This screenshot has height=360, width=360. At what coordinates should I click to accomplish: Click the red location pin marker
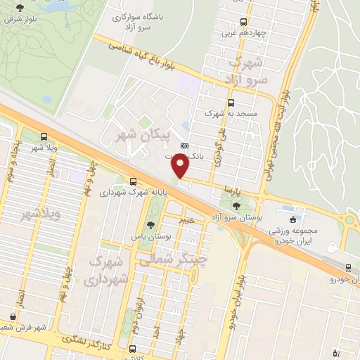click(181, 166)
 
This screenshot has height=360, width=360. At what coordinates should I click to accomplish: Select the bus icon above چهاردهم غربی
click(243, 22)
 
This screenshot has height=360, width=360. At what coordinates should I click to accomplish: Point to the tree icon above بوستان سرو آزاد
click(236, 206)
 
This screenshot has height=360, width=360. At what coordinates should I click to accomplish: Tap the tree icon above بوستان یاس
click(150, 226)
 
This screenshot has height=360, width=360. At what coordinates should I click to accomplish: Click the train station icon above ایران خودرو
click(349, 268)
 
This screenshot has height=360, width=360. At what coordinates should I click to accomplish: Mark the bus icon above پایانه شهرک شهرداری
click(134, 180)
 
